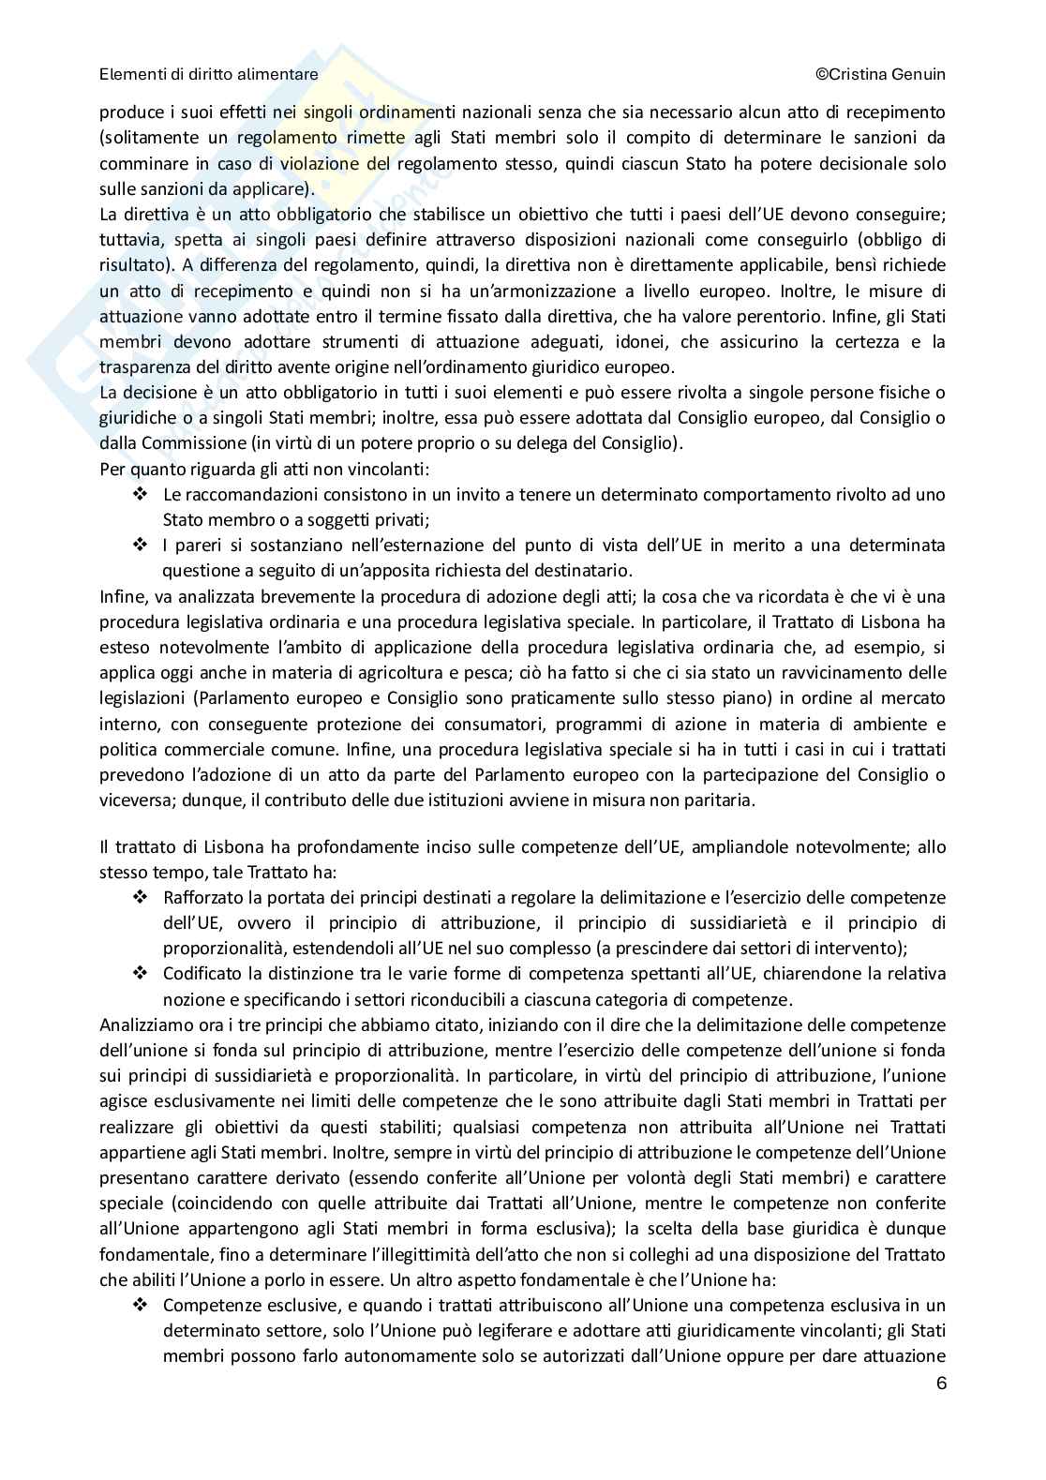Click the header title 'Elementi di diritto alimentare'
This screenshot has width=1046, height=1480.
click(x=208, y=74)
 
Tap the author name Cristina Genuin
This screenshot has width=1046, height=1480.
click(x=886, y=74)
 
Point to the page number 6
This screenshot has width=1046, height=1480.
click(x=940, y=1383)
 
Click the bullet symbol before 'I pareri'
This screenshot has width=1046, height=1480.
click(x=141, y=545)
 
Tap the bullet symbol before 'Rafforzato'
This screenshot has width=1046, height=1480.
click(x=141, y=898)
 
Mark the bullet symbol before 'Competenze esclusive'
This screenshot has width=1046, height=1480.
click(x=141, y=1305)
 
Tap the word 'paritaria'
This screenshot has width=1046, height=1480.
click(x=721, y=800)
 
